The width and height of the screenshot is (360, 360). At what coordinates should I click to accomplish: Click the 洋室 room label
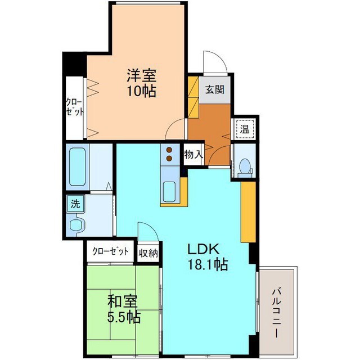pos(142,75)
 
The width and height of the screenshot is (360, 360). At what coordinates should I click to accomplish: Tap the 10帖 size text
pos(142,91)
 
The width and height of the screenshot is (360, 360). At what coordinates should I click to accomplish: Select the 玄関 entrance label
pos(215,89)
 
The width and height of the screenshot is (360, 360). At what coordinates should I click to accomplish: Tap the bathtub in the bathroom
pos(78,166)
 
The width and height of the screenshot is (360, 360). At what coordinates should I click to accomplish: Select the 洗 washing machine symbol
pos(75,204)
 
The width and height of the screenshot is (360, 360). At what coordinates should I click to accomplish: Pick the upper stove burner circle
pos(169,150)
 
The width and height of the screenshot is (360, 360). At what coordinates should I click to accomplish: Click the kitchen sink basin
pos(169,192)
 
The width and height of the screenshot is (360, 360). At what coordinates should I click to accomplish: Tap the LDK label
pos(204,249)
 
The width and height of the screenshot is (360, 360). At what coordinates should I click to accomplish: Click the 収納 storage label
pos(148,253)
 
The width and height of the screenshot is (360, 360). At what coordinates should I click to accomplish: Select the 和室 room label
pos(123,301)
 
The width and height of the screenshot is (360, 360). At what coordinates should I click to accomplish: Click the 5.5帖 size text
pos(124,317)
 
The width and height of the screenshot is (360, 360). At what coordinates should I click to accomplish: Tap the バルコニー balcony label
pos(277,313)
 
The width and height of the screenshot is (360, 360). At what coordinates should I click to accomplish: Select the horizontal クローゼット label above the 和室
pos(110,251)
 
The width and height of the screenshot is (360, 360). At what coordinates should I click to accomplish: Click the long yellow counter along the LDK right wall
pos(248,212)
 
